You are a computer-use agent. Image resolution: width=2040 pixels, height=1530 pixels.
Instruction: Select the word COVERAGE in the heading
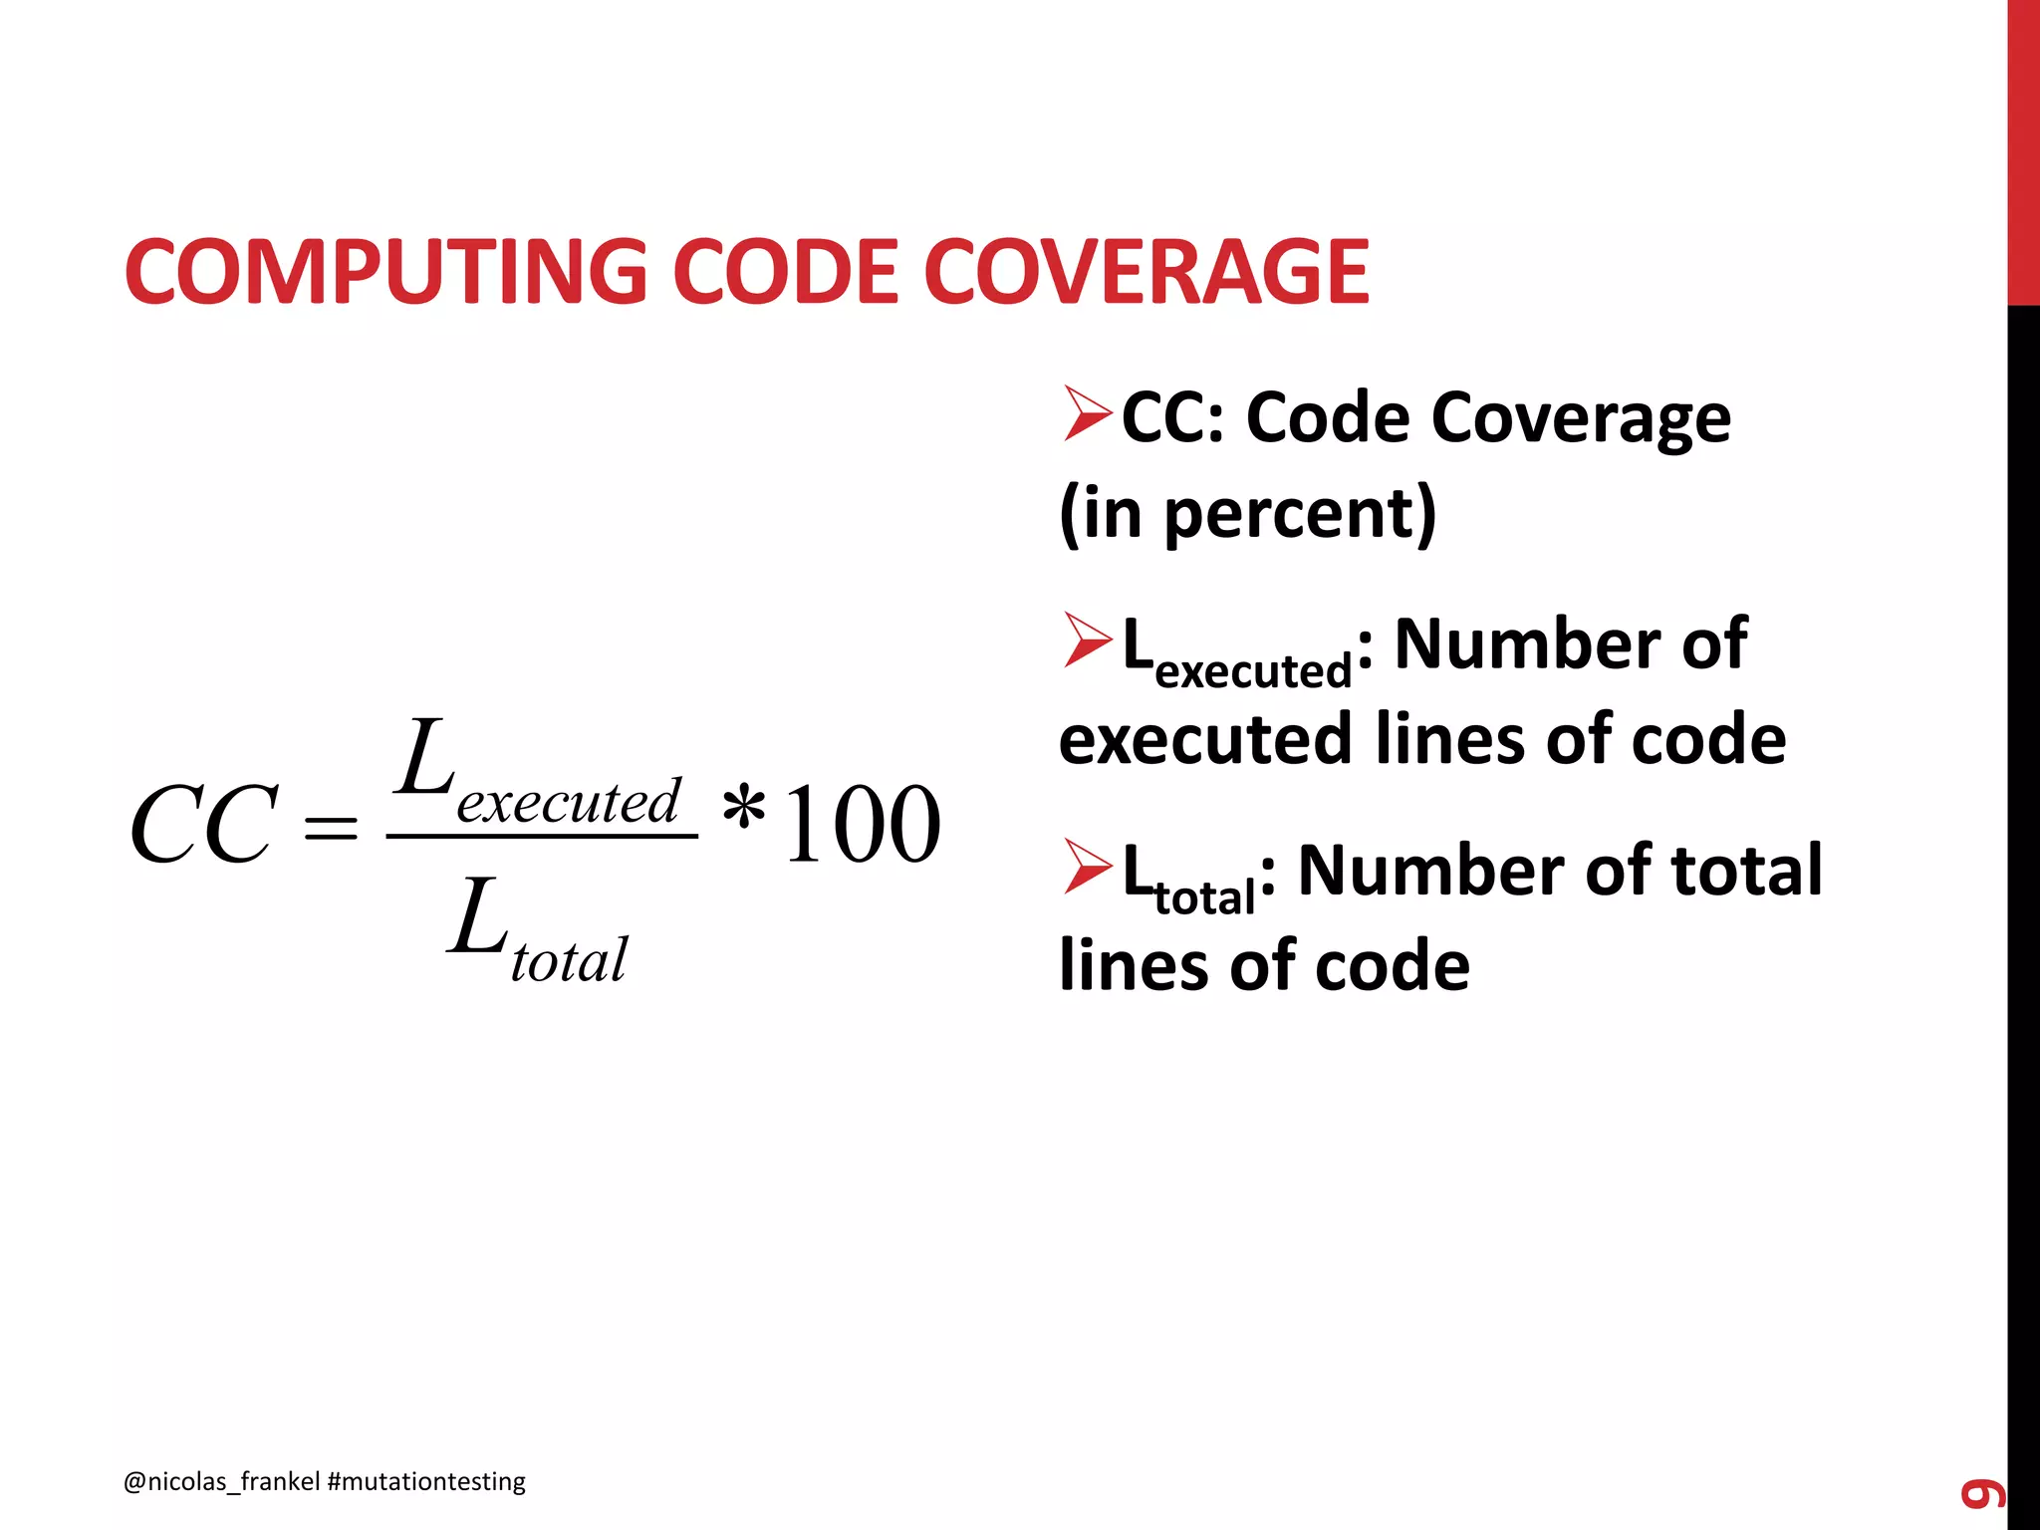pos(1146,272)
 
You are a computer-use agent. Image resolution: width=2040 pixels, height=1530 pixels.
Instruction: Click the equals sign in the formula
pos(331,827)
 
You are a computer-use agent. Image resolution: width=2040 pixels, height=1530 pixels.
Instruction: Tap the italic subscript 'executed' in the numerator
pos(569,801)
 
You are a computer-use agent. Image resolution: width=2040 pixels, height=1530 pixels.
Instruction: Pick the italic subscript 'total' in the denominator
pos(569,960)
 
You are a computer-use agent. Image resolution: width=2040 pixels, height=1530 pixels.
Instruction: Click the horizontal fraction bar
pos(542,836)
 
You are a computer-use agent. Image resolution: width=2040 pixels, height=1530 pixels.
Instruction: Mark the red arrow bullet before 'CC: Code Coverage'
pos(1086,413)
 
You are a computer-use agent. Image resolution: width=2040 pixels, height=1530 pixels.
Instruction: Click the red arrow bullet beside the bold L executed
pos(1086,639)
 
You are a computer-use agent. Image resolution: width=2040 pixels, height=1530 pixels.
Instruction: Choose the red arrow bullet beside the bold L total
pos(1086,866)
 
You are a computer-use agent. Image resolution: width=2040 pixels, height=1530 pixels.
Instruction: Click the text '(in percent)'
pos(1247,513)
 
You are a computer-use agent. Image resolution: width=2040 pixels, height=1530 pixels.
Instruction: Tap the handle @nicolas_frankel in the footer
pos(221,1481)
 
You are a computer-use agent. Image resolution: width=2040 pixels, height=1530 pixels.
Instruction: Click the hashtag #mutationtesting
pos(426,1481)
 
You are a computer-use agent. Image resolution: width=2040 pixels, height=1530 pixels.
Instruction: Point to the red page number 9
pos(1982,1494)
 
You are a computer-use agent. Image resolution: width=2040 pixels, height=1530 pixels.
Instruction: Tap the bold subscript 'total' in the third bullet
pos(1204,897)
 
